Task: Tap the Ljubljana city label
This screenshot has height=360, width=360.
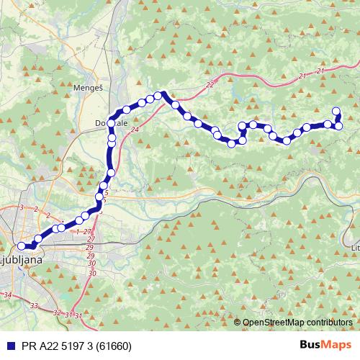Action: coord(22,258)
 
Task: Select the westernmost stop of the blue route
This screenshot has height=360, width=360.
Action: coord(22,246)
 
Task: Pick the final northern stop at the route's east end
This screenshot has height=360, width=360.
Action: coord(336,111)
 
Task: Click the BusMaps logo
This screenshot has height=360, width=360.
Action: coord(325,345)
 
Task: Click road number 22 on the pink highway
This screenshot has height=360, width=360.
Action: coord(210,85)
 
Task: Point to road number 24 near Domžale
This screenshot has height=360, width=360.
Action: coord(135,130)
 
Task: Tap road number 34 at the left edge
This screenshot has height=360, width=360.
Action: coord(7,295)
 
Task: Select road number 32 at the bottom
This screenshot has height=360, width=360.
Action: coord(57,312)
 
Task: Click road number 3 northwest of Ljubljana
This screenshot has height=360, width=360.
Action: coord(22,207)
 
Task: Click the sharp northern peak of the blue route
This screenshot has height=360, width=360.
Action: coord(163,93)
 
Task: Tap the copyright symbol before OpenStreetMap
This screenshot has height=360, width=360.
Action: coord(237,323)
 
